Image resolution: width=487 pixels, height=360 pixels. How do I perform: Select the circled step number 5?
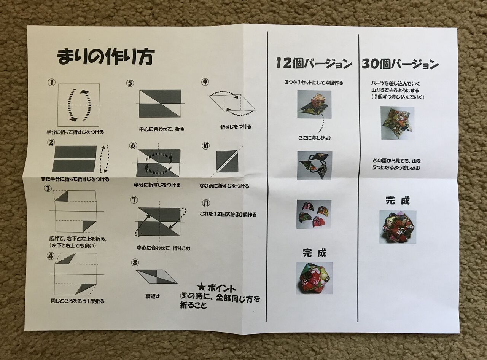click(x=130, y=83)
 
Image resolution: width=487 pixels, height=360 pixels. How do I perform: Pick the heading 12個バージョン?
click(x=314, y=64)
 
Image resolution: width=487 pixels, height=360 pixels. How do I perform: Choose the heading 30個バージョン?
click(x=400, y=64)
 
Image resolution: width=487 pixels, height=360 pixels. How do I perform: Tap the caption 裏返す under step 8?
click(x=153, y=296)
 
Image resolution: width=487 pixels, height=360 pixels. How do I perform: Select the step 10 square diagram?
click(x=227, y=161)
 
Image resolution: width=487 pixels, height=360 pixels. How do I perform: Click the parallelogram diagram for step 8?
click(x=156, y=277)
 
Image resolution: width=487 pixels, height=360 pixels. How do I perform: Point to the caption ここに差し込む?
click(x=314, y=138)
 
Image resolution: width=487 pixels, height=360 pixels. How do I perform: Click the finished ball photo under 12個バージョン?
click(x=314, y=278)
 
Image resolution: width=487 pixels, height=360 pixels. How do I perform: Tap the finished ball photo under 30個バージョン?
click(x=398, y=227)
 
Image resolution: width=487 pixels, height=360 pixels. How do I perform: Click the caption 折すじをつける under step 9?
click(x=236, y=127)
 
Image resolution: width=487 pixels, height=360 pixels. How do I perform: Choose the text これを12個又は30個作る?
click(x=228, y=215)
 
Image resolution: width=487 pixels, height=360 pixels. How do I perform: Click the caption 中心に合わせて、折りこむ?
click(x=164, y=248)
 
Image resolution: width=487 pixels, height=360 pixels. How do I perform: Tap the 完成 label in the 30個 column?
click(x=397, y=201)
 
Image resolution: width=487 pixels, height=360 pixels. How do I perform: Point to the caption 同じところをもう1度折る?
click(x=77, y=301)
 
